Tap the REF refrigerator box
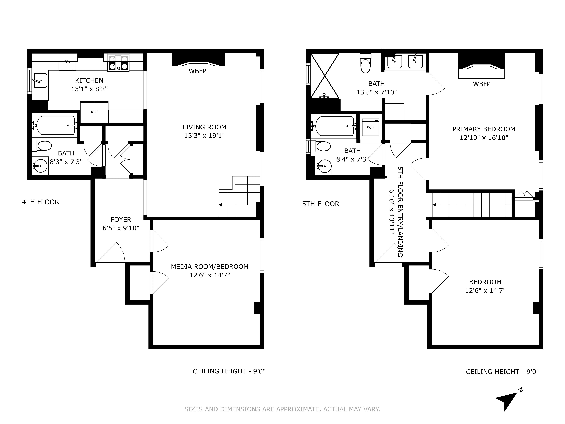[94, 112]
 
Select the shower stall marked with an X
[324, 76]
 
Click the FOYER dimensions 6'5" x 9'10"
[121, 228]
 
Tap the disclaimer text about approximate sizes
[282, 409]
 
